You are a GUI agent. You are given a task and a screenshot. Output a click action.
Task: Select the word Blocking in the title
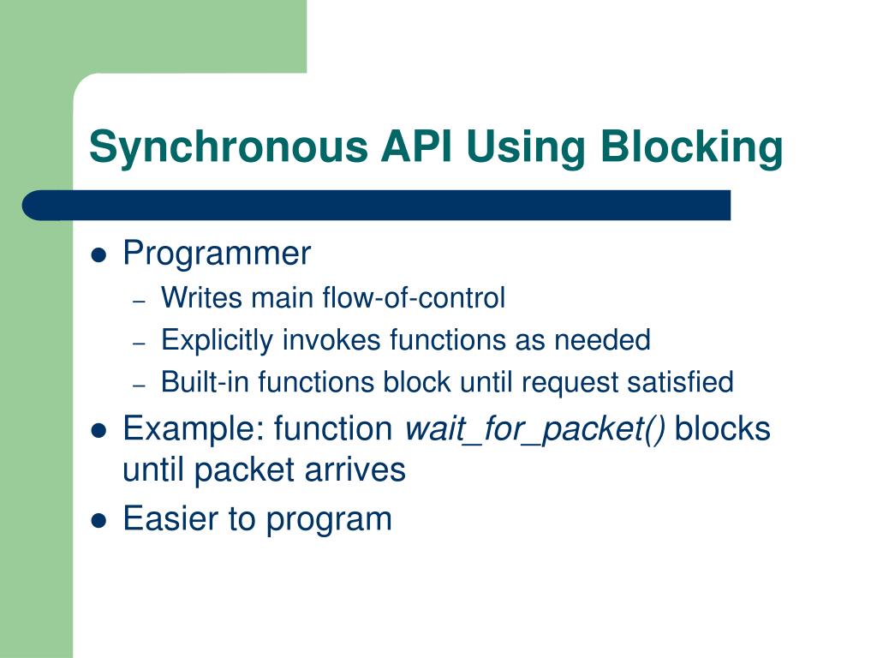(x=691, y=146)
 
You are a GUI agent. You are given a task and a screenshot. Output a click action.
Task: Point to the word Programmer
(x=217, y=254)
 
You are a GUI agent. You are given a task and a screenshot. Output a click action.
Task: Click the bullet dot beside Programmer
(x=99, y=255)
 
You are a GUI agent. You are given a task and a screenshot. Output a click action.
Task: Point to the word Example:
(x=194, y=428)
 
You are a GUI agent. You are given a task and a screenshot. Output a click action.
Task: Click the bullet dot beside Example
(x=99, y=430)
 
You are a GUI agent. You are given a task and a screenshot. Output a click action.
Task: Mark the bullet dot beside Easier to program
(x=99, y=520)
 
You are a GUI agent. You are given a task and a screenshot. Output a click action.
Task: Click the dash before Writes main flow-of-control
(x=141, y=301)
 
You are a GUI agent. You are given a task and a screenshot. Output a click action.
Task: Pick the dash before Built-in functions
(x=141, y=385)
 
